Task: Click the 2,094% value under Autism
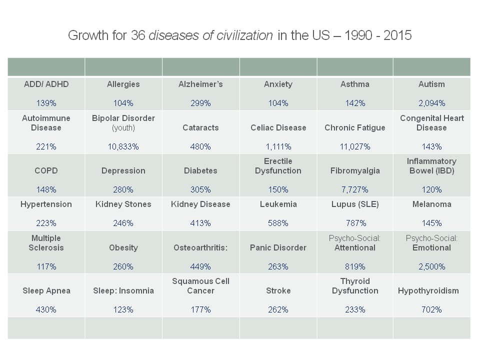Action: point(431,103)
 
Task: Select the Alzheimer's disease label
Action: point(200,84)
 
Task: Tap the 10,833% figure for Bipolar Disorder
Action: point(123,147)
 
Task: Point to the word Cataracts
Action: point(200,127)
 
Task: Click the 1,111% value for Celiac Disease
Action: point(278,147)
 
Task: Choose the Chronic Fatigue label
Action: point(355,127)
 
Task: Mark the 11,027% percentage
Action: point(355,147)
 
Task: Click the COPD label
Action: point(46,170)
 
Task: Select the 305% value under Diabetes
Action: point(200,190)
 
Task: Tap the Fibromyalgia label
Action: point(355,170)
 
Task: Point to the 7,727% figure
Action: point(355,190)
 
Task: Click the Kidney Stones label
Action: point(123,204)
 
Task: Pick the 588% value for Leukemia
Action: point(278,223)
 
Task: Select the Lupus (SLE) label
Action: point(355,204)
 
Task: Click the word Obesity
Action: point(123,247)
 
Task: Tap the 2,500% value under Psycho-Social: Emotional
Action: point(431,266)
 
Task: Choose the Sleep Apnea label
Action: point(46,290)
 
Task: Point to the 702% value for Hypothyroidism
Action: point(431,309)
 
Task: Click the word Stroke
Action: point(278,290)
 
